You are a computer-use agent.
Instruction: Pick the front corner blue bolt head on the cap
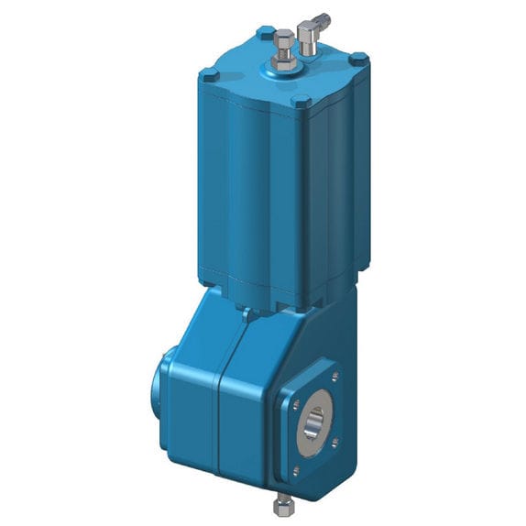coord(301,103)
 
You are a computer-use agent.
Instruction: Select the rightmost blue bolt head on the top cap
coord(361,60)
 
